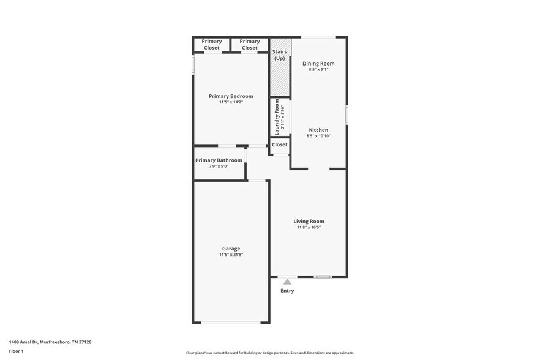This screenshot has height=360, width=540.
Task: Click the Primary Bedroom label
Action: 231,96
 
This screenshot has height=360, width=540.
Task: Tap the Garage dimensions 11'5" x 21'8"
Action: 231,255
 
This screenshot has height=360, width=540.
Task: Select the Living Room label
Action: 309,221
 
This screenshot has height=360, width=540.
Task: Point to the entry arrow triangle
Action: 287,282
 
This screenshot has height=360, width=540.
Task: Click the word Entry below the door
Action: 287,291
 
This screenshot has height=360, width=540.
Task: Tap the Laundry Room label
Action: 277,117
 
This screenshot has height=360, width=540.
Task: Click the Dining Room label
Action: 318,63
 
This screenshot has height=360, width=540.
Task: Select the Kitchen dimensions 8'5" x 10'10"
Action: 318,136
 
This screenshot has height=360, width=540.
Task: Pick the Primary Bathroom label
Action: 219,160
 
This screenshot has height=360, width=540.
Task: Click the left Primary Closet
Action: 211,45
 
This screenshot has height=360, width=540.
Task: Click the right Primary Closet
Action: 249,45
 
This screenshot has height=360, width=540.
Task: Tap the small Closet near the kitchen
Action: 280,145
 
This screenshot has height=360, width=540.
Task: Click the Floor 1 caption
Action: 17,351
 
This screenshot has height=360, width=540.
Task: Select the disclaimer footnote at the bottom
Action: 269,353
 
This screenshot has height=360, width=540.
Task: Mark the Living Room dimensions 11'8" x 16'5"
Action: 309,227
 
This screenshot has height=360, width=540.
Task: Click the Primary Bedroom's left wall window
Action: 193,65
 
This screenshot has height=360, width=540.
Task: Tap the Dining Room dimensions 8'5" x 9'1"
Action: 318,69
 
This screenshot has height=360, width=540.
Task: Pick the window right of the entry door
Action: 323,277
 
